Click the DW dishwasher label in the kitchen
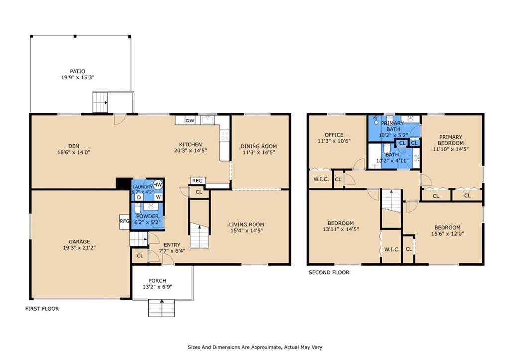click(190, 120)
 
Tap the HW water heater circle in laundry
click(158, 185)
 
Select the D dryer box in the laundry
click(139, 197)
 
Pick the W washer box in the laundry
click(158, 197)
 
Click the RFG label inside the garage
click(124, 221)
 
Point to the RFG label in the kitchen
click(197, 180)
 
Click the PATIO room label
click(77, 71)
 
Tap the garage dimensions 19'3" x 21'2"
click(79, 248)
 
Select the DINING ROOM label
click(258, 146)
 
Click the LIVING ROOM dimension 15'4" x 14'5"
click(247, 230)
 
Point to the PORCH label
click(157, 281)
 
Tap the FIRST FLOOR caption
click(42, 309)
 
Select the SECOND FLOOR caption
click(329, 272)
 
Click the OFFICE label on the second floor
click(334, 135)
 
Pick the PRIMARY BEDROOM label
click(450, 140)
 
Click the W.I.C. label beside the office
click(321, 179)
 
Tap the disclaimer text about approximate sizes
click(255, 347)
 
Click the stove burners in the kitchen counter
click(225, 135)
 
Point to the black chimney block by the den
click(124, 183)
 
